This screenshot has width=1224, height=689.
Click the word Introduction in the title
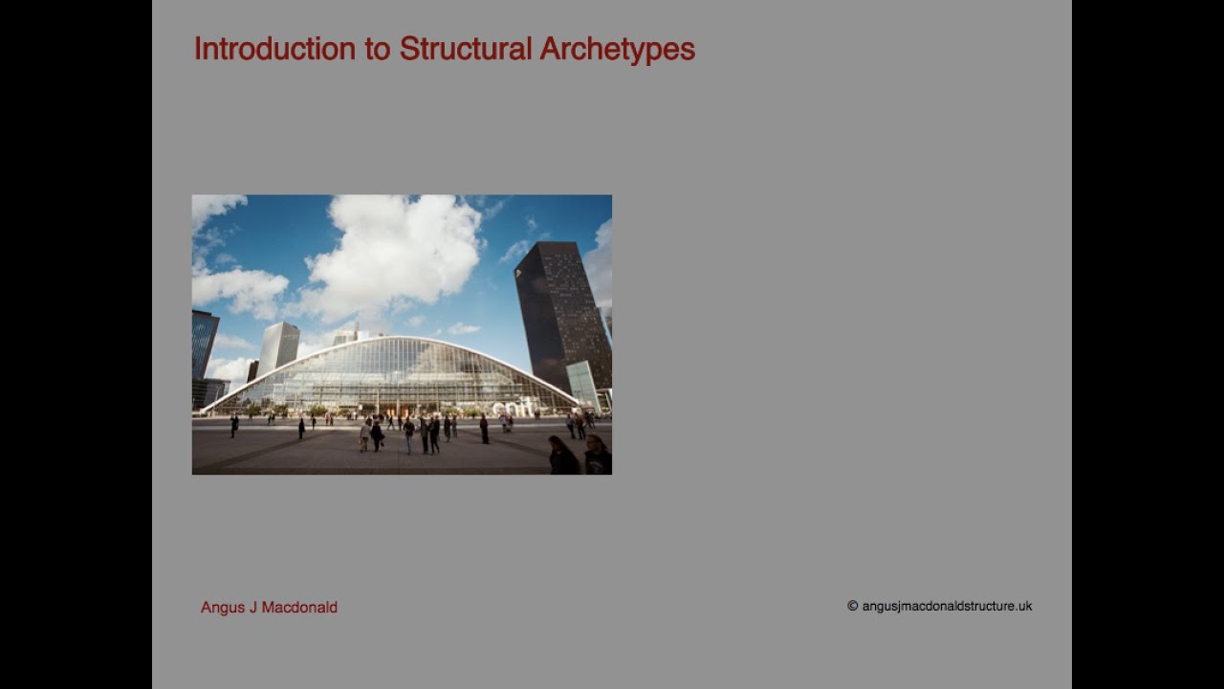click(x=274, y=49)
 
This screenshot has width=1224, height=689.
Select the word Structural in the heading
click(x=465, y=49)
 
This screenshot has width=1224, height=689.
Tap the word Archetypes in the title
click(x=617, y=49)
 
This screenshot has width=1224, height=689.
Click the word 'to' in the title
click(x=377, y=49)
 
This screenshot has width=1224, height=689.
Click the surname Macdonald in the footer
click(x=299, y=608)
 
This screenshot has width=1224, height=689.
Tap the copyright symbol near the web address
click(x=852, y=606)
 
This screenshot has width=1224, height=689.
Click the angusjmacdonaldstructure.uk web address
click(x=947, y=606)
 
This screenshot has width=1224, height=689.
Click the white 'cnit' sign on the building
click(x=513, y=407)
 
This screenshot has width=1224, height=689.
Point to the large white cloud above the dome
click(x=392, y=254)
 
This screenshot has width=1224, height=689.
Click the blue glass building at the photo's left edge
click(x=204, y=344)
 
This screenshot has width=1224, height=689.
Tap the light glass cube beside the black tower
click(x=582, y=382)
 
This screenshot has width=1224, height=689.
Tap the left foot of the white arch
click(x=204, y=411)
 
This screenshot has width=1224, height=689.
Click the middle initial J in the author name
click(x=253, y=608)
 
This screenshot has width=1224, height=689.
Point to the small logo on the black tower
click(x=519, y=274)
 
